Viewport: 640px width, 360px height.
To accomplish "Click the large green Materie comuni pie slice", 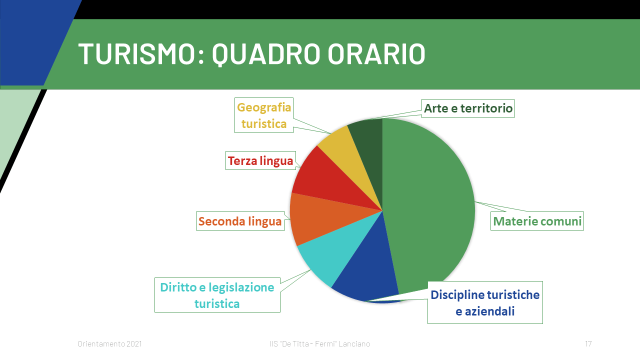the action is coord(428,205).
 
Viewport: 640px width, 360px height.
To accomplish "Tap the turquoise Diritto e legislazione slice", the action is coord(337,248).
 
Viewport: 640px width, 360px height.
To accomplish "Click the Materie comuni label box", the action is coord(537,221).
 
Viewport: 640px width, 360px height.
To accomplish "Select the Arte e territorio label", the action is coord(468,108).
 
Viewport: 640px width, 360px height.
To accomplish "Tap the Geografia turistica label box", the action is coord(264,115).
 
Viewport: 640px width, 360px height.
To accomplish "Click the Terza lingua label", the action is coord(260,160).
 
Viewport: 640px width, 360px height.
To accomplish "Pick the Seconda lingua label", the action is coord(240,221).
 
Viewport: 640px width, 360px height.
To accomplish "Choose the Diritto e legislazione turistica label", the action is coord(217,295).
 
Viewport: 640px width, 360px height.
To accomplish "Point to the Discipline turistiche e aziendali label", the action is coord(485,302).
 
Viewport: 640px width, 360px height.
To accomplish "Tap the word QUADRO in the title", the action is coord(266,54).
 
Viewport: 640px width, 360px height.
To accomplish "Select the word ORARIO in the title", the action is coord(376,53).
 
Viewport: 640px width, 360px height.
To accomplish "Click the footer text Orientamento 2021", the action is coord(109,343).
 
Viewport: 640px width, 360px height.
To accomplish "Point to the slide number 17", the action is coord(588,343).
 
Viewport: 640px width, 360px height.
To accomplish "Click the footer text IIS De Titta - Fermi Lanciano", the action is coord(319,343).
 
